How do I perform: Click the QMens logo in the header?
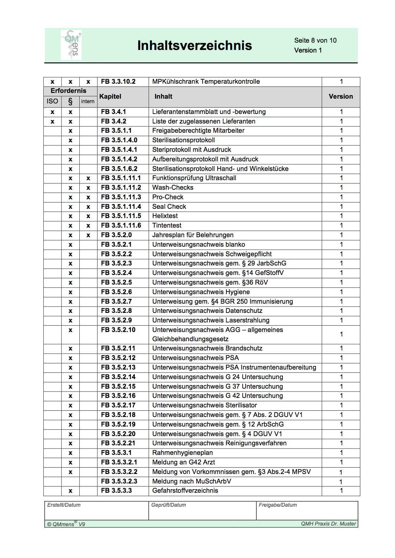(71, 45)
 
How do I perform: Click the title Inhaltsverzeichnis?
(194, 46)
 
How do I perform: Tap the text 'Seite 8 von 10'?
(315, 40)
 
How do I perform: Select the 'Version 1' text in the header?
(308, 50)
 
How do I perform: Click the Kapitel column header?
(110, 96)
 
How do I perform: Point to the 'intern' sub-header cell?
(88, 102)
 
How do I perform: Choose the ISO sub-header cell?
(52, 101)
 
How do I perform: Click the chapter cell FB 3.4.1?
(113, 112)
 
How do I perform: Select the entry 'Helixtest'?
(165, 216)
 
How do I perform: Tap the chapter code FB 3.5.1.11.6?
(121, 225)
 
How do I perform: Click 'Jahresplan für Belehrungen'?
(193, 235)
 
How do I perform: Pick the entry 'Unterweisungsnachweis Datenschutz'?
(207, 311)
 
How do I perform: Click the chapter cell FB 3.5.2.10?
(118, 330)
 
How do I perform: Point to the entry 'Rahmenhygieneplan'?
(182, 453)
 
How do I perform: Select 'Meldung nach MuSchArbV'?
(191, 481)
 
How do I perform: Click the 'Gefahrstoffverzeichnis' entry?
(185, 491)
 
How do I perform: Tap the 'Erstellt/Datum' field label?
(64, 505)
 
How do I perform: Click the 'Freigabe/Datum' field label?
(277, 505)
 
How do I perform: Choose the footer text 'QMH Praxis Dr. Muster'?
(328, 524)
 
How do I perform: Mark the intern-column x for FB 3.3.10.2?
(88, 82)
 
